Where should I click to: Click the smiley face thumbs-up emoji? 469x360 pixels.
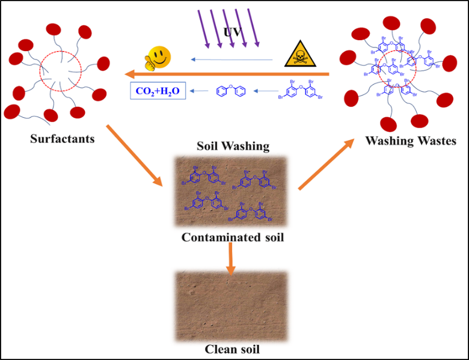158,58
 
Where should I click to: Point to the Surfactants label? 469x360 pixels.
63,139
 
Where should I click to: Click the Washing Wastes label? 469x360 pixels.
411,142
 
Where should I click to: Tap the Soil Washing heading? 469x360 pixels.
233,146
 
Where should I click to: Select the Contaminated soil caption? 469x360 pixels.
232,237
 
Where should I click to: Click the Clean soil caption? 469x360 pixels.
232,349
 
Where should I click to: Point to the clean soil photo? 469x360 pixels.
231,305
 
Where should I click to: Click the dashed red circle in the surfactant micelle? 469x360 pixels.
58,72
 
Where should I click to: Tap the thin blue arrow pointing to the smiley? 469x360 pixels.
234,59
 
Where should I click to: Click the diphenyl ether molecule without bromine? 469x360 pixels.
231,92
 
